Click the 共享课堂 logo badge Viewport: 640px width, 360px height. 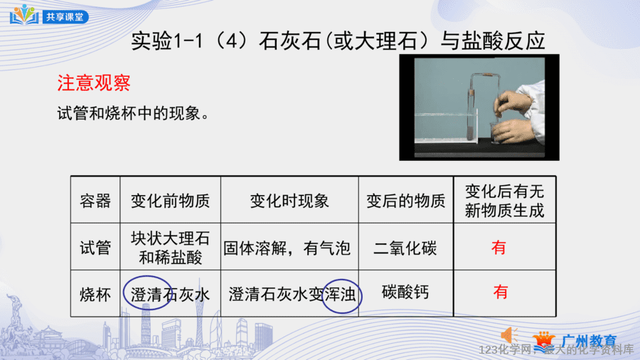[49, 15]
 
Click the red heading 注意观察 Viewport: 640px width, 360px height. [94, 83]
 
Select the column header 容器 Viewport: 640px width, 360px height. [95, 201]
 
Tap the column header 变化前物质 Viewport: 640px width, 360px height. [170, 201]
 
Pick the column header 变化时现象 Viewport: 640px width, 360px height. [289, 201]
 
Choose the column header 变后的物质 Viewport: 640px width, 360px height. [406, 201]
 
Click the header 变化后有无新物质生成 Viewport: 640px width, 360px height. [504, 201]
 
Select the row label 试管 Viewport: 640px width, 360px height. [95, 248]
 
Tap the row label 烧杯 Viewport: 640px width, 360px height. [95, 294]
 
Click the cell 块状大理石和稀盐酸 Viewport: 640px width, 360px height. [170, 248]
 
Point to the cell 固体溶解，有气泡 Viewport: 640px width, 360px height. [287, 248]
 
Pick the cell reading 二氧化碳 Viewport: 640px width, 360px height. [405, 248]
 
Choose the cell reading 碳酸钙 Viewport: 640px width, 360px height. [405, 292]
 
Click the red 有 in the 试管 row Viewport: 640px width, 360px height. [498, 248]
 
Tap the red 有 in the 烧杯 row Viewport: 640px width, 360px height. [501, 292]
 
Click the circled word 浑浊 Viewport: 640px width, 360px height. [340, 295]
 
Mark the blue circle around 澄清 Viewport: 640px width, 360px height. [124, 292]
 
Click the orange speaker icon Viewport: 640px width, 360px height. [509, 336]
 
